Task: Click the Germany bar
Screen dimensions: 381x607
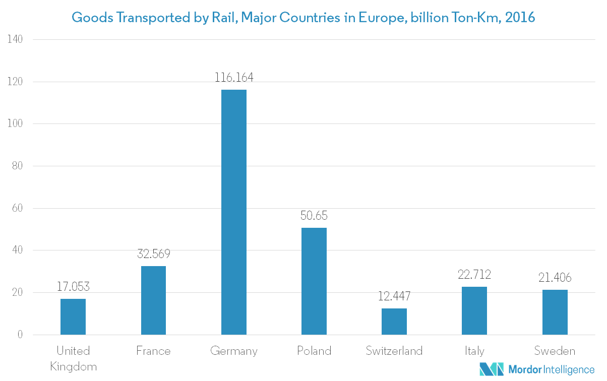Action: point(234,212)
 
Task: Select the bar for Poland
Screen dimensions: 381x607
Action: point(314,281)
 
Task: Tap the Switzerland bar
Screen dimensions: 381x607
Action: point(394,322)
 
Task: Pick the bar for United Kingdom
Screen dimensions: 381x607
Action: point(73,316)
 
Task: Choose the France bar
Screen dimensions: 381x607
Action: point(153,300)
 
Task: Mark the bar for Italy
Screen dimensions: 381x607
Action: point(474,310)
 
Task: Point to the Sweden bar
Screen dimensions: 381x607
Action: point(555,312)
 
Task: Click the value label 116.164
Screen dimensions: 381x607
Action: point(234,78)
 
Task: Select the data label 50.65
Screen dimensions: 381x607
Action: point(314,216)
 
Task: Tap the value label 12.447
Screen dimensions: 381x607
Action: point(394,297)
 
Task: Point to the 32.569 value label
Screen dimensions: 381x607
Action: point(153,255)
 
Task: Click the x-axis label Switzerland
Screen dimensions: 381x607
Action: point(394,351)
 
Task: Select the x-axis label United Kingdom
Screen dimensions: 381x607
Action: point(73,358)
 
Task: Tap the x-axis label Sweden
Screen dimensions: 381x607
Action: point(555,351)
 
